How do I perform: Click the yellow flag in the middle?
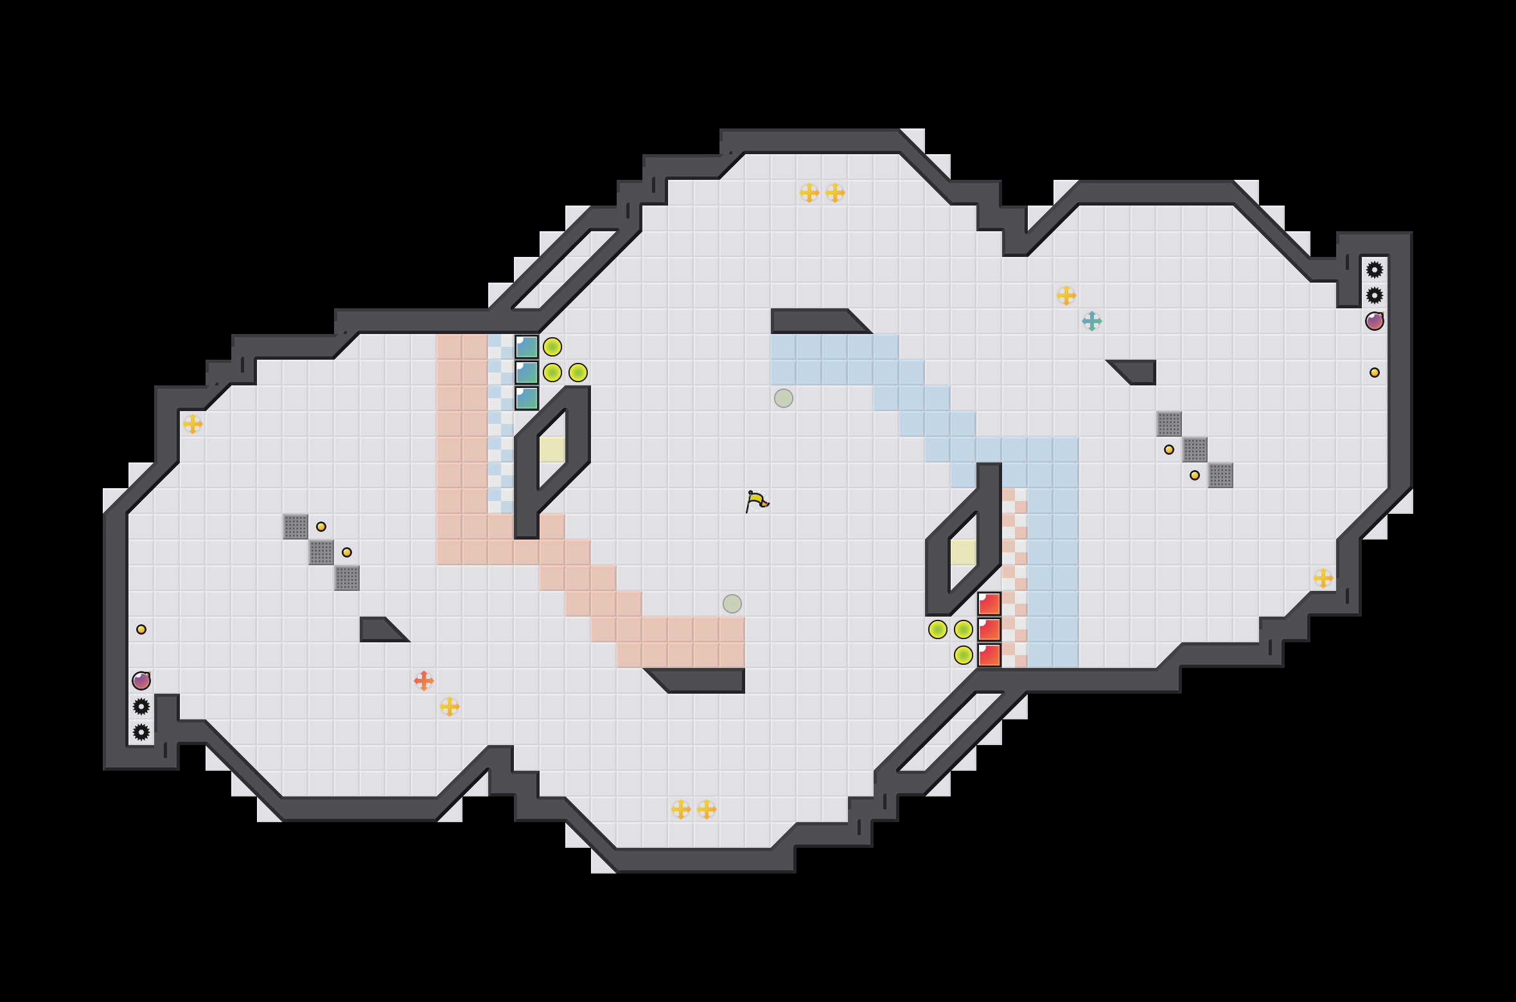(x=757, y=501)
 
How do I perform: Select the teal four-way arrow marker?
(x=1091, y=321)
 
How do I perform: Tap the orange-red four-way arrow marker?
(x=423, y=680)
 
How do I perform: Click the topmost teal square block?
(x=527, y=347)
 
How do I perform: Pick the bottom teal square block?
(x=527, y=398)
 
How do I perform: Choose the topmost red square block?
(x=989, y=604)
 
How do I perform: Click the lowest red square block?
(x=989, y=655)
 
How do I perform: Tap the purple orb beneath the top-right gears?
(x=1374, y=321)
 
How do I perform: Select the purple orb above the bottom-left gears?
(x=141, y=680)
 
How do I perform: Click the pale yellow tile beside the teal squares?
(x=552, y=449)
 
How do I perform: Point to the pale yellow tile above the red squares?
(x=963, y=552)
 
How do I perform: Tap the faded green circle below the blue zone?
(x=783, y=398)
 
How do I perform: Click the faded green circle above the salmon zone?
(x=732, y=604)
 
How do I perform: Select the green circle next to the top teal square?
(x=552, y=347)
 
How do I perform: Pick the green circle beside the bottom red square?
(x=963, y=655)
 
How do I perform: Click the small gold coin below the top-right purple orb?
(x=1374, y=373)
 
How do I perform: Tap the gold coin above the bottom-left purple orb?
(x=141, y=629)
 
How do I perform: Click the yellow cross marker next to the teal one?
(x=1066, y=295)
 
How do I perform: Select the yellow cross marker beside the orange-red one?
(x=450, y=707)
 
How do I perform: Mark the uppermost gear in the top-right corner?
(x=1374, y=270)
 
